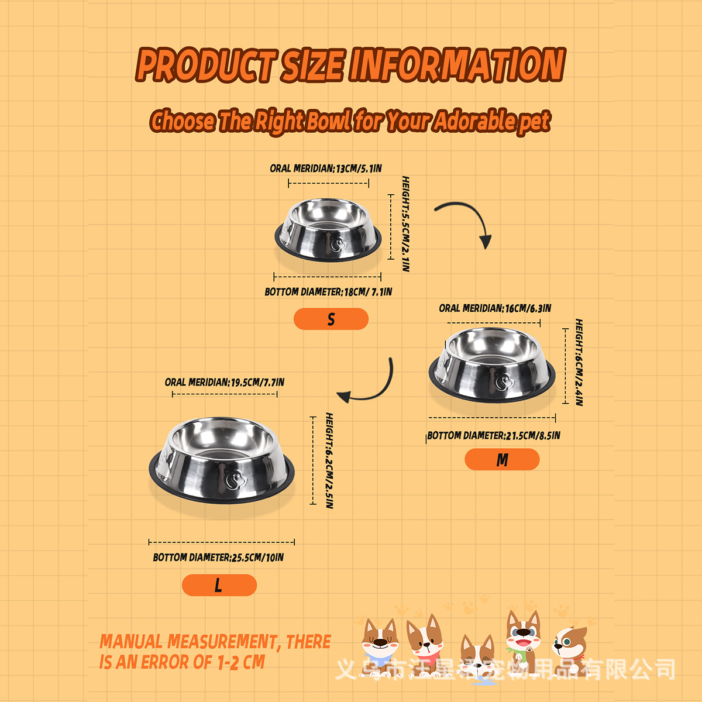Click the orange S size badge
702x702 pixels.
[x=331, y=319]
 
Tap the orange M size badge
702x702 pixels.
[x=502, y=460]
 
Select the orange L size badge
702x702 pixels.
[x=219, y=585]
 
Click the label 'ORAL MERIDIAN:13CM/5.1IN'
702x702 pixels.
[x=325, y=168]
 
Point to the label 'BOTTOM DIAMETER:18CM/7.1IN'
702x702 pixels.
[x=328, y=292]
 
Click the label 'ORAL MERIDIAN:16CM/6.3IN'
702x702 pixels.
[x=495, y=308]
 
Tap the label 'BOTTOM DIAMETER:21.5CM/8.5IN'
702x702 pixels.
[x=494, y=436]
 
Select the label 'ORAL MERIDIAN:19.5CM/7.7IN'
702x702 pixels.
[x=225, y=383]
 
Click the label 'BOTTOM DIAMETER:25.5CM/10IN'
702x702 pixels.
[x=218, y=558]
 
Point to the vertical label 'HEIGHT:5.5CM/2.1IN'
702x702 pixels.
[x=405, y=223]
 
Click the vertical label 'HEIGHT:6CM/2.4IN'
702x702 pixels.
[x=579, y=362]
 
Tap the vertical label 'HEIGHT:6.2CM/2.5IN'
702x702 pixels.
[x=329, y=460]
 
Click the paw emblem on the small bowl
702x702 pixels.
[x=337, y=243]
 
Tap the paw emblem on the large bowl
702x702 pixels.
[x=235, y=480]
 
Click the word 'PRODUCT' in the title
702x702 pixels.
[x=206, y=65]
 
